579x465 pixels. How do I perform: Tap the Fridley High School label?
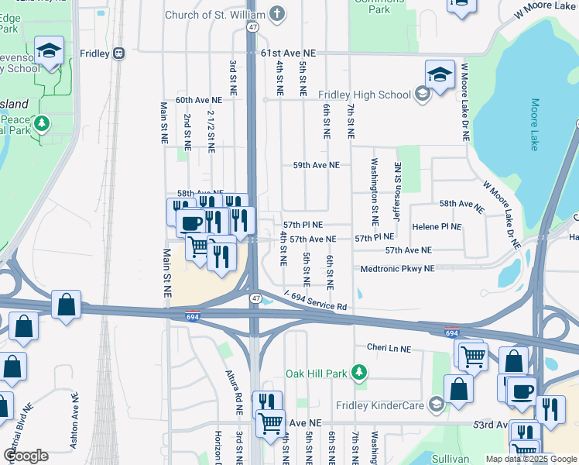(365, 95)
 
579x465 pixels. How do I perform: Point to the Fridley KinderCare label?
(380, 405)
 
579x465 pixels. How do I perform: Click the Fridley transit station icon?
(118, 53)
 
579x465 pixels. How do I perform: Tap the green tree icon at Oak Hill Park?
(358, 374)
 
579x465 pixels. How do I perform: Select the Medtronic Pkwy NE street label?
(398, 269)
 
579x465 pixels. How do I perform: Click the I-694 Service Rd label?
(315, 301)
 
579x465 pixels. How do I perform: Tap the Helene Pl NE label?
(437, 226)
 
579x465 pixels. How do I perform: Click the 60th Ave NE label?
(198, 101)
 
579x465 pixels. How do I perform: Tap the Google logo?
(25, 456)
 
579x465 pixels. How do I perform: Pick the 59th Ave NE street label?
(316, 165)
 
